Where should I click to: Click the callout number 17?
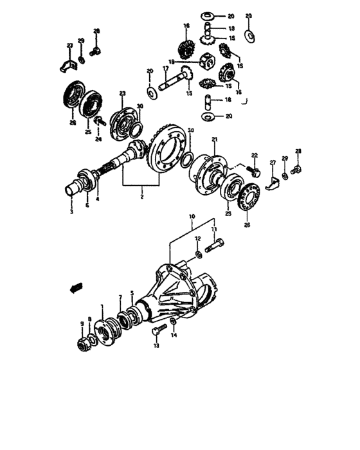coord(166,68)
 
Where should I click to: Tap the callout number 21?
coord(215,140)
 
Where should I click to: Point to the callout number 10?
coord(191,218)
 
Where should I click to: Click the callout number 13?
coord(155,346)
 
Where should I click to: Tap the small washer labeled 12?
coord(200,256)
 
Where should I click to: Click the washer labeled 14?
coord(174,322)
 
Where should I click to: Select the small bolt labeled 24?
coord(100,121)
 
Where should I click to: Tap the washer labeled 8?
coord(94,337)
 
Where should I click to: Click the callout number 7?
coord(120,297)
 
